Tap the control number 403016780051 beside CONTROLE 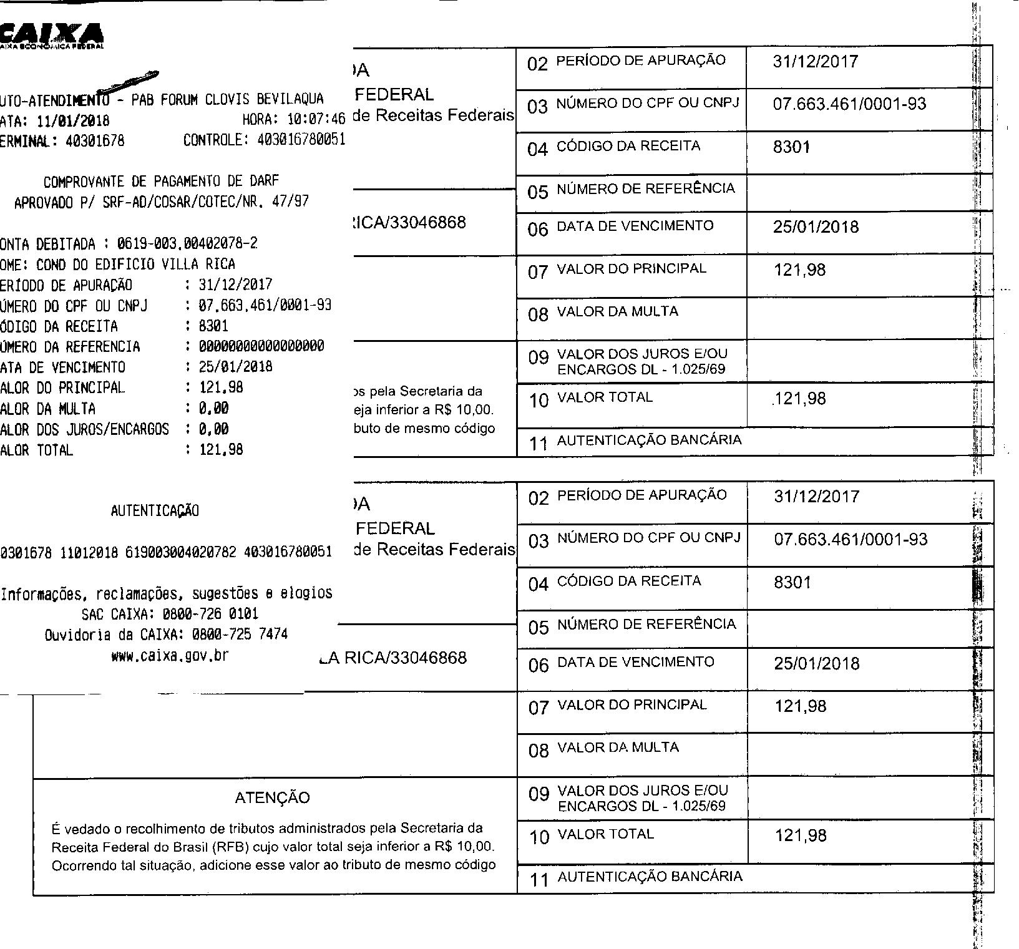(301, 140)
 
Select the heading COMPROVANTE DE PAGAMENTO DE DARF (161, 182)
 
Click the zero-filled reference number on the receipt (261, 346)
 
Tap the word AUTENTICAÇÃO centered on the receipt (155, 511)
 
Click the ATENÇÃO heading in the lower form (272, 797)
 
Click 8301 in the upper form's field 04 (791, 147)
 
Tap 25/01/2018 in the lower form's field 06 (816, 664)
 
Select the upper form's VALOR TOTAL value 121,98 (800, 399)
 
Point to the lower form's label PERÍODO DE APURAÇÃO (641, 495)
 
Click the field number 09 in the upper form (538, 358)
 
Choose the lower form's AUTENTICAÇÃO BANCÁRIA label (650, 877)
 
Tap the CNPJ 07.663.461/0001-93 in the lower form (851, 540)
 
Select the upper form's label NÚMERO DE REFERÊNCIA (646, 188)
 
